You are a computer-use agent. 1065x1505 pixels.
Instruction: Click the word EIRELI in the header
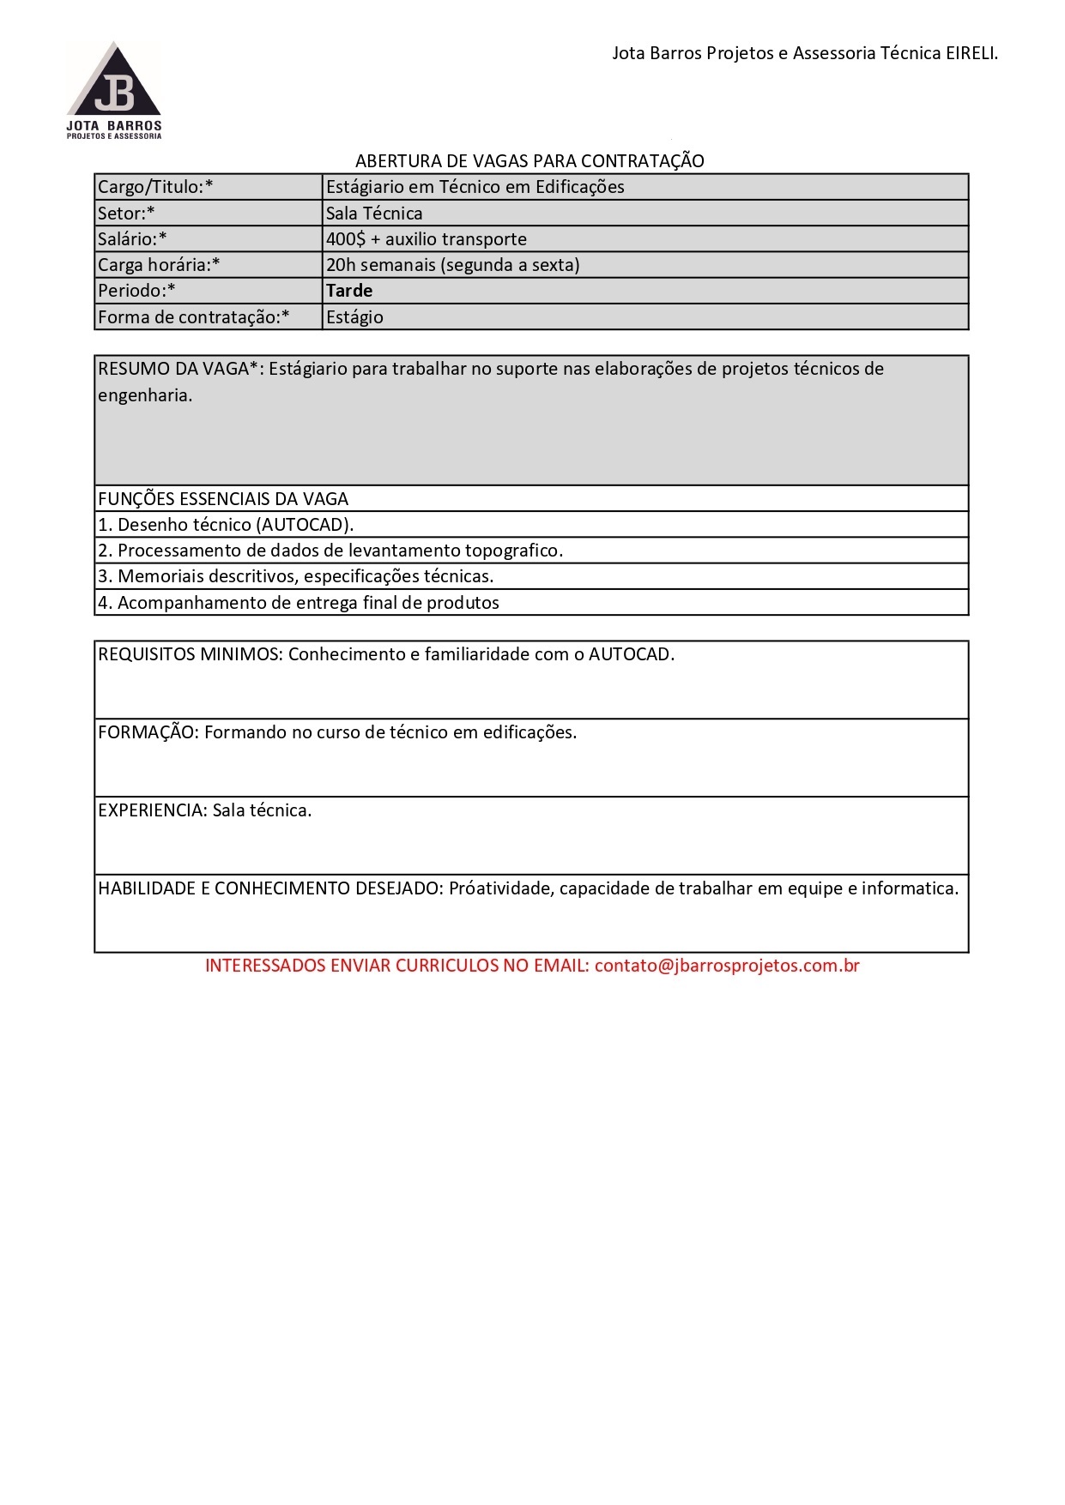point(971,53)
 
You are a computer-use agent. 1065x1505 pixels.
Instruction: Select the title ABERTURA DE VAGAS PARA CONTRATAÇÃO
point(529,161)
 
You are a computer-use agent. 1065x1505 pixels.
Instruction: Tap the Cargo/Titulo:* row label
point(155,187)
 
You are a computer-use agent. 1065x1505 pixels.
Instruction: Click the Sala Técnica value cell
point(374,214)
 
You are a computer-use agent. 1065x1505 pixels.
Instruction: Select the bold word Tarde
point(349,291)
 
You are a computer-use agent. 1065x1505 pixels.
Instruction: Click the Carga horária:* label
point(159,265)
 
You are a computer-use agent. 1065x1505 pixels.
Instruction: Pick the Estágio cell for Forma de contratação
point(354,317)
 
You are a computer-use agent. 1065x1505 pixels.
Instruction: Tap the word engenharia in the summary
point(143,395)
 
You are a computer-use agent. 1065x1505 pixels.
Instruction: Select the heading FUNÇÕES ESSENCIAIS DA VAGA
point(223,499)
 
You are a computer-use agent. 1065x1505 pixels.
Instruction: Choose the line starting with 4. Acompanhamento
point(298,603)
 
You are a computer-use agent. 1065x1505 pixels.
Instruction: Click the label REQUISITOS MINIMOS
point(190,654)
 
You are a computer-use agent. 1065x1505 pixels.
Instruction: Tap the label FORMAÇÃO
point(148,732)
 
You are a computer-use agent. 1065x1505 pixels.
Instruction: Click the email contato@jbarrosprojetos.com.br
point(727,966)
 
